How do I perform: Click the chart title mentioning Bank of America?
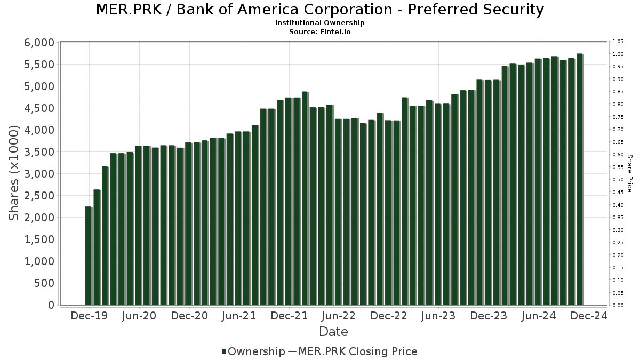tap(320, 10)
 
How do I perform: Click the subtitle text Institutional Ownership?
tap(320, 23)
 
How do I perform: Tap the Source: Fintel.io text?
tap(320, 31)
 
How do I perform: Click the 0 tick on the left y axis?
tap(51, 305)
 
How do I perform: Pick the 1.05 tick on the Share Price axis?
tap(618, 42)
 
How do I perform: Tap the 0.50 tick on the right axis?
tap(618, 180)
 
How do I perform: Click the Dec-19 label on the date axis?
tap(89, 316)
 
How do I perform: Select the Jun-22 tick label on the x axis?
tap(338, 316)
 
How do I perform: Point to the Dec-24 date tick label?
tap(589, 316)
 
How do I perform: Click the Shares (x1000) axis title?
tap(14, 173)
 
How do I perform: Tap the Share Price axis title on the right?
tap(629, 173)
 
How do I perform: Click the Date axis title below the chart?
tap(333, 332)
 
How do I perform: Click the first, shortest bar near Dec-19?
tap(88, 256)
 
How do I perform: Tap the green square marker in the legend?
tap(224, 351)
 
